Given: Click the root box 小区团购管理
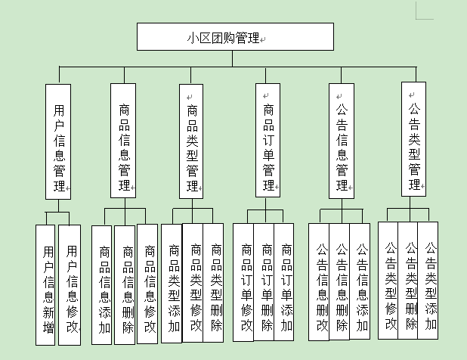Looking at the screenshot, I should tap(234, 36).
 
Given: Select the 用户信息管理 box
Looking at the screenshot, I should tap(59, 141).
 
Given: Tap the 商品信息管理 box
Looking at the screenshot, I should tap(123, 141).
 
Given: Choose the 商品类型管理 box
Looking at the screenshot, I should tap(192, 141).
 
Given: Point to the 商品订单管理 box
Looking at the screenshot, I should tap(268, 141).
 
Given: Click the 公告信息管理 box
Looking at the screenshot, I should tap(342, 141).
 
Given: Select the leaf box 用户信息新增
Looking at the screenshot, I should tap(47, 285).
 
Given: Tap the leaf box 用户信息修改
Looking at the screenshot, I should tap(70, 285).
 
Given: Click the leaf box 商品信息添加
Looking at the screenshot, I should tap(103, 285).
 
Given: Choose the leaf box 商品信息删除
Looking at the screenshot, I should tap(125, 285).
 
